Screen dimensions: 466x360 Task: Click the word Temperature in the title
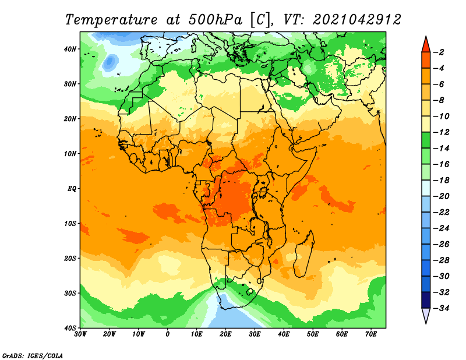(x=111, y=20)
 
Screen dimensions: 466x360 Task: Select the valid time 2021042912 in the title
(x=357, y=20)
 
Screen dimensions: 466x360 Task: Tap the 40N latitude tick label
(x=70, y=49)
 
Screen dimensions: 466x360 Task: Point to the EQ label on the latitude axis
(x=72, y=189)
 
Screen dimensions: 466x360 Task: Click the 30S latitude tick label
(x=70, y=293)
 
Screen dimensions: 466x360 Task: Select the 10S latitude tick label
(x=70, y=224)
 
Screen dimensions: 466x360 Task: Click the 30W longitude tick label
(x=80, y=334)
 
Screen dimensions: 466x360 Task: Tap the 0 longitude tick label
(x=167, y=334)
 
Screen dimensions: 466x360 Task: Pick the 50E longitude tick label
(x=312, y=334)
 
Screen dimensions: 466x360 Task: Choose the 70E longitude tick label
(x=370, y=334)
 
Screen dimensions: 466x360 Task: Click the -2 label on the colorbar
(x=439, y=52)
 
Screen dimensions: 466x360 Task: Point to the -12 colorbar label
(x=442, y=132)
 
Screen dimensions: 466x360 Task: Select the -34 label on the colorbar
(x=442, y=308)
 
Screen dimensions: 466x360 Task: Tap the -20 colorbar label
(x=442, y=196)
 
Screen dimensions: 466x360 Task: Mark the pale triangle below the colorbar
(x=426, y=315)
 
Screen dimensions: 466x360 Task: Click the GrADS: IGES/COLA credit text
(x=33, y=356)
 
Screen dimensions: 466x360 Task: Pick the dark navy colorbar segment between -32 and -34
(x=426, y=300)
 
